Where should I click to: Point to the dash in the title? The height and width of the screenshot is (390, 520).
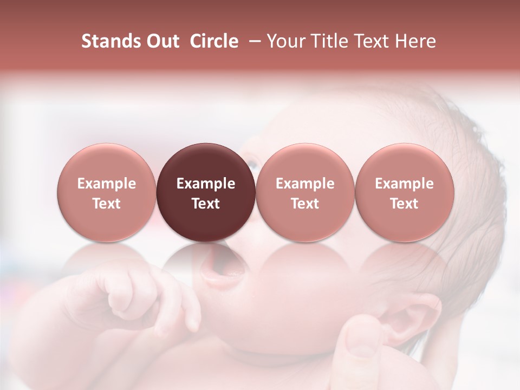[252, 42]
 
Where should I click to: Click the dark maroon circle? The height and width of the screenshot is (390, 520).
[206, 192]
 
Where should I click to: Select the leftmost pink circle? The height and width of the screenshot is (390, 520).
[106, 192]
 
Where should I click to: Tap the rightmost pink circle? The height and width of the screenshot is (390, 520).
[404, 192]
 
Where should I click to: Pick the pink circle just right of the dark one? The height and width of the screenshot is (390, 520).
[305, 192]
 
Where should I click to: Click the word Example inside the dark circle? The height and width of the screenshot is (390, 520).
[206, 184]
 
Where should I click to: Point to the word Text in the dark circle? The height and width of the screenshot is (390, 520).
[206, 204]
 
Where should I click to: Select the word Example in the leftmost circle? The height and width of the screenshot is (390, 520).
[106, 184]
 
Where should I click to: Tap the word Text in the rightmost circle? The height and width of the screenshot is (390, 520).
[404, 204]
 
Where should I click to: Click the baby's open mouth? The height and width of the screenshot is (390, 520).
[219, 268]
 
